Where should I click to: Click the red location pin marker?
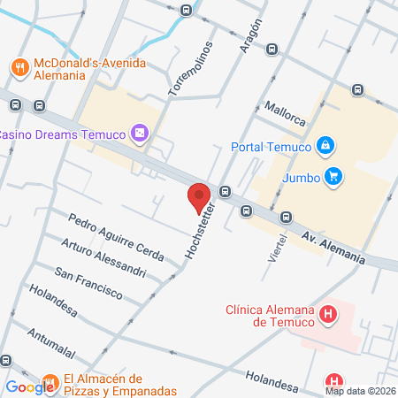click(199, 197)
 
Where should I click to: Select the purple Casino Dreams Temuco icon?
click(139, 134)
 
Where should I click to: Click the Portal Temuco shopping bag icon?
click(326, 145)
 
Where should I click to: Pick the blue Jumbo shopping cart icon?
click(333, 175)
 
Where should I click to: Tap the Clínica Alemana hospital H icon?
click(328, 314)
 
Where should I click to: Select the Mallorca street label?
click(284, 114)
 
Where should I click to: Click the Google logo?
click(28, 387)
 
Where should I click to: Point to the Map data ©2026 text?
click(360, 391)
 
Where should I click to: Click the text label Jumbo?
click(301, 176)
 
